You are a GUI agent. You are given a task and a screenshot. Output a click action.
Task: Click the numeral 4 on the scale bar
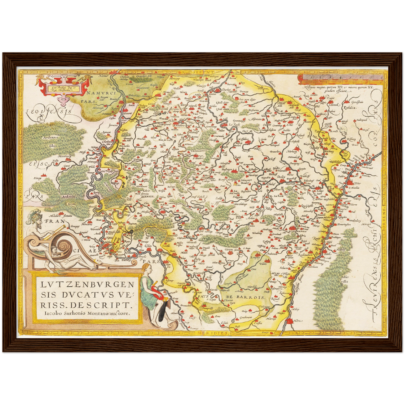tap(340, 77)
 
